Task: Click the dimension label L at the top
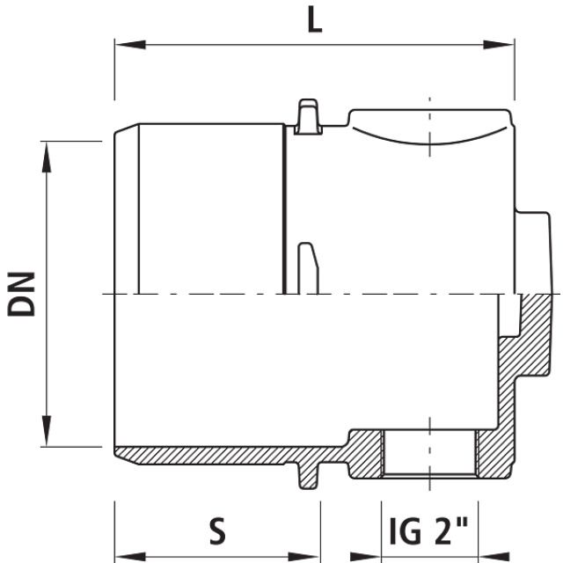click(x=314, y=18)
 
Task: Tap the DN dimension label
click(x=21, y=293)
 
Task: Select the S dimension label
click(x=217, y=530)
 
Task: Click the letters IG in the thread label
click(x=406, y=530)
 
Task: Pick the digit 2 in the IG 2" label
click(x=444, y=530)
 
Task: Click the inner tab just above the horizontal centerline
click(x=307, y=268)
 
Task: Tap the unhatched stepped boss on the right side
click(x=533, y=252)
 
